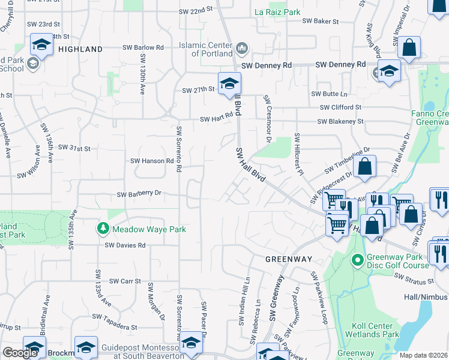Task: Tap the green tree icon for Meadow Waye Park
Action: [103, 229]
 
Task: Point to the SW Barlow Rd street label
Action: [143, 47]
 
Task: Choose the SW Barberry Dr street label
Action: [139, 194]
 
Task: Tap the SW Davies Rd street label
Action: [125, 245]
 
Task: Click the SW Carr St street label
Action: [125, 281]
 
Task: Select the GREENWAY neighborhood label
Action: [289, 259]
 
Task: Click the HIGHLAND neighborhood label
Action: [81, 49]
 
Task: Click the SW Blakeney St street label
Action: [340, 121]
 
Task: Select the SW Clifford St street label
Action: [341, 107]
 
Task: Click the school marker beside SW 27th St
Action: [229, 85]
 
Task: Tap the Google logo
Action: [20, 352]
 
